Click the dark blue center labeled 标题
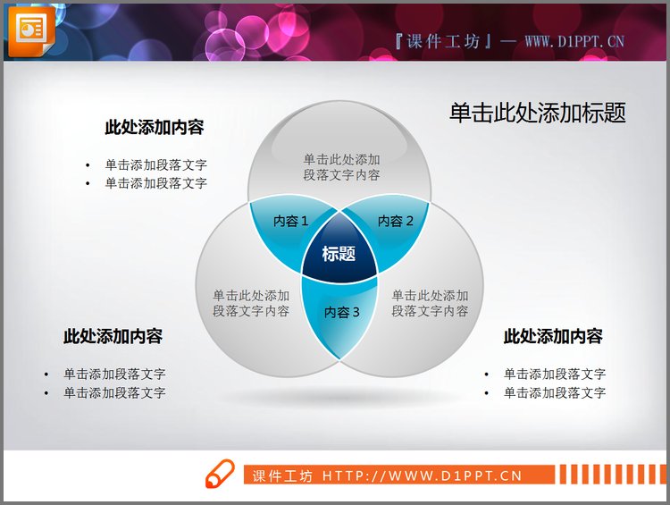339,254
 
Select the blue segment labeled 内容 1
289,222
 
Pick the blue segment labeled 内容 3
341,313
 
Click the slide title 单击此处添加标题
537,113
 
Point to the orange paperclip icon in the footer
220,475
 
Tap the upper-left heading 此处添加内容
155,128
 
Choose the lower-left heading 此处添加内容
113,337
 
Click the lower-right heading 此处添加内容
553,337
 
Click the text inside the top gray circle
341,167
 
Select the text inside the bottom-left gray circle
251,303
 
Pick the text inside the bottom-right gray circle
430,303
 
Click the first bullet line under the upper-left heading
156,165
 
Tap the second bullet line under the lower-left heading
114,393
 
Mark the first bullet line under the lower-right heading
555,375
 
